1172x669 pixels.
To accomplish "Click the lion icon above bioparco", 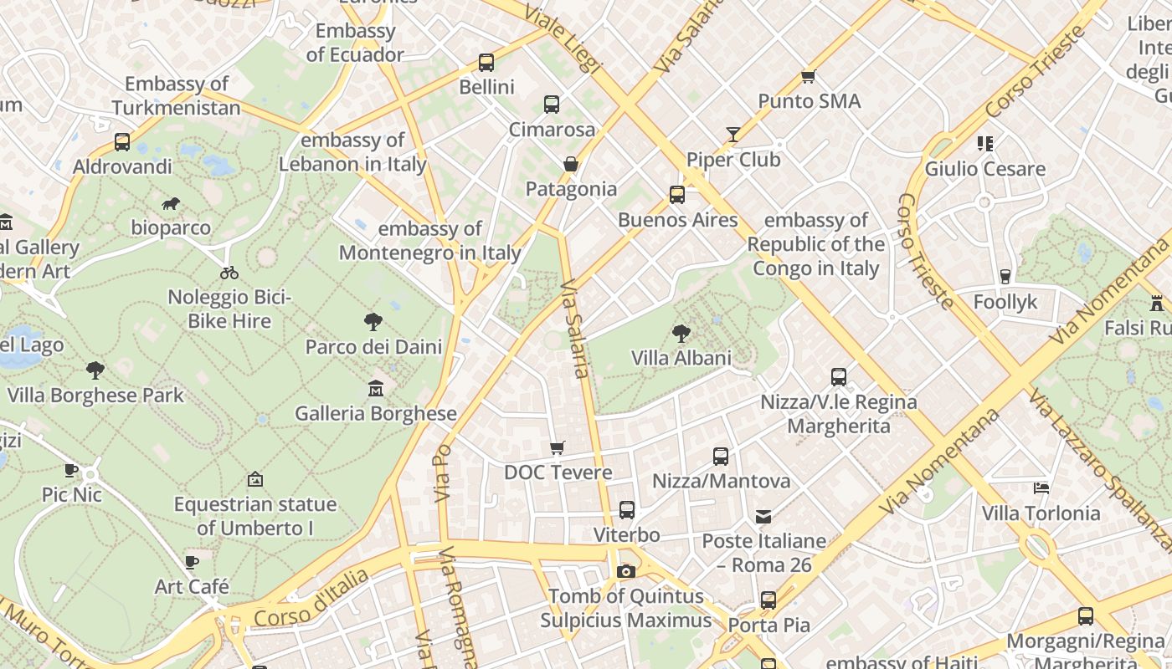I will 171,204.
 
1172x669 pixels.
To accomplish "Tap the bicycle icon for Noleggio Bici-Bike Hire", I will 229,273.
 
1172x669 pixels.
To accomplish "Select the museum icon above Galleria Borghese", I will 376,389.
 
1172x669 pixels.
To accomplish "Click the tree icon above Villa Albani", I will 681,334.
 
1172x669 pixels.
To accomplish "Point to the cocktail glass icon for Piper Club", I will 733,135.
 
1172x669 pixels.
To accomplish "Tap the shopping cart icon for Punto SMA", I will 808,77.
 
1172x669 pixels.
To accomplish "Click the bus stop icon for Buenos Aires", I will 677,196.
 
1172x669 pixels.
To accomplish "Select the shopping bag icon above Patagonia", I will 571,164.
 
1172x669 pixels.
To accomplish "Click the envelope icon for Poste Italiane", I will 763,517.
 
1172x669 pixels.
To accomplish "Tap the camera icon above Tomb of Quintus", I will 625,572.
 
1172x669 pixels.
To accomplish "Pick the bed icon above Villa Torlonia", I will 1041,488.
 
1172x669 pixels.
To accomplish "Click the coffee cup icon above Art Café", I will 192,562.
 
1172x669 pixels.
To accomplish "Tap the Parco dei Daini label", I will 373,346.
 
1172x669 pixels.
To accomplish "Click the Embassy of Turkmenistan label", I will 176,96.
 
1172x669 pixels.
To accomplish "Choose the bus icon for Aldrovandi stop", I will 122,142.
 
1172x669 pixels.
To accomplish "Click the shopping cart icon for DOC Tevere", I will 558,448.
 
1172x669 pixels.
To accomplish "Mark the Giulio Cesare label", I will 984,169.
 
